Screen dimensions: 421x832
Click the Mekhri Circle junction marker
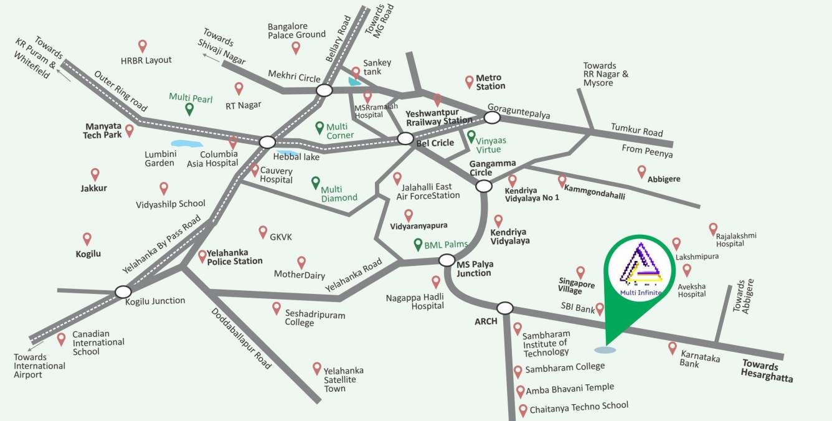point(324,90)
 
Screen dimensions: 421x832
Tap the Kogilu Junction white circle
point(123,291)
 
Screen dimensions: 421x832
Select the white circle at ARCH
point(504,308)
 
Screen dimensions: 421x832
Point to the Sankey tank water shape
point(354,81)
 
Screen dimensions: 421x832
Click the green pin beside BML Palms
point(417,245)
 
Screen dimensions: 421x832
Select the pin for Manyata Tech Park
point(130,130)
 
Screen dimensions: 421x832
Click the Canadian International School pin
point(61,339)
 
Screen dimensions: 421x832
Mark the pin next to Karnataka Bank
point(673,348)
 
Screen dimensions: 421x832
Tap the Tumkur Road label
point(636,130)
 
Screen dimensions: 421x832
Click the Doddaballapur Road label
point(241,338)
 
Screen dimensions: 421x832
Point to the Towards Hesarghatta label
point(767,372)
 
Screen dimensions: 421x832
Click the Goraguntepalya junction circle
point(493,117)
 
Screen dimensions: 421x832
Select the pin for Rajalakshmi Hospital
point(713,229)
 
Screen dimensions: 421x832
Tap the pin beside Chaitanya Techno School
point(522,410)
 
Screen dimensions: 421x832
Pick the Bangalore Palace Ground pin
point(296,47)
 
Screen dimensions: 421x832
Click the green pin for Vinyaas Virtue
point(471,136)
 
